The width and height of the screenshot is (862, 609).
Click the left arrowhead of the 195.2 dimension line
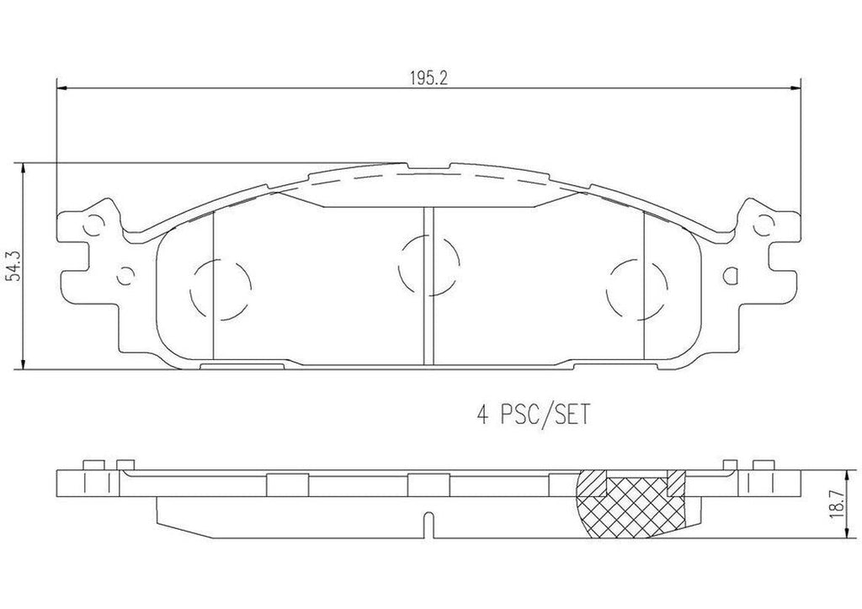point(60,87)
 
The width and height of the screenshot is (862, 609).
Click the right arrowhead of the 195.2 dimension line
point(795,87)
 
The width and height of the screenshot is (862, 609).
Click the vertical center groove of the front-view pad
point(428,286)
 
